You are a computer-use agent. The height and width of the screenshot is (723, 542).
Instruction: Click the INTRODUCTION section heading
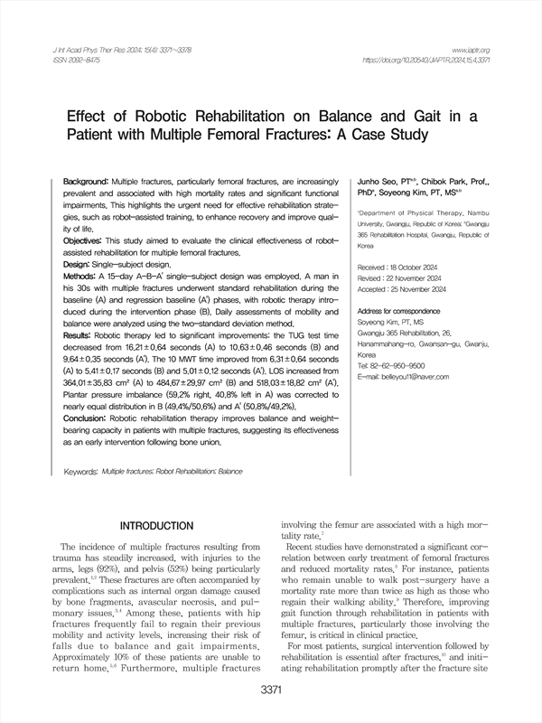tap(169, 525)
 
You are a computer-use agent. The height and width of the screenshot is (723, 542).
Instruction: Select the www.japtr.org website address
tap(470, 49)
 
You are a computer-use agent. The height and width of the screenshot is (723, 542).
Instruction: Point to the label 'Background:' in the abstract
tap(87, 183)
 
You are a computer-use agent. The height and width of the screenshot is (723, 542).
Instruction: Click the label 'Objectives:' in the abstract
tap(87, 241)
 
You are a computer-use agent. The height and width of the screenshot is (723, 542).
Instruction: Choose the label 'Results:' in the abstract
tap(81, 335)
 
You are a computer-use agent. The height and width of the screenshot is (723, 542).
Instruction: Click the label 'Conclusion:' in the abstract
tap(89, 418)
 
